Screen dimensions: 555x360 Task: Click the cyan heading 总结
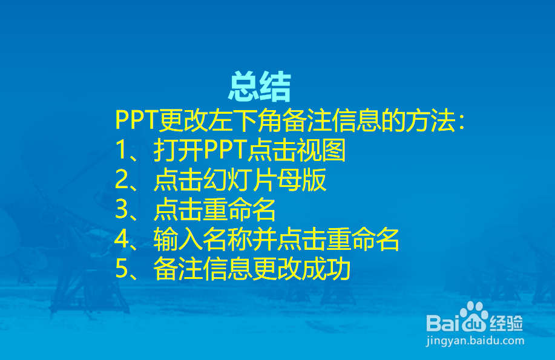(260, 87)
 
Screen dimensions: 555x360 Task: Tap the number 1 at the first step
(121, 149)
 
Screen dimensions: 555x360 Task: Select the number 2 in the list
(122, 180)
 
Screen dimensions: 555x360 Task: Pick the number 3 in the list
(122, 209)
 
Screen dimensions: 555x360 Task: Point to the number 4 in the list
(122, 239)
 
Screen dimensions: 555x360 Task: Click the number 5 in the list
(122, 269)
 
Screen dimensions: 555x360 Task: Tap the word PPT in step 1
(225, 149)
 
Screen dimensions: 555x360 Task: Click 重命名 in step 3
(239, 209)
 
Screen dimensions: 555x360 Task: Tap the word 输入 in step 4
(178, 239)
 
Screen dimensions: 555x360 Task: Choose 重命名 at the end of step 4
(363, 239)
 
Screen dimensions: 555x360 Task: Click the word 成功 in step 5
(326, 269)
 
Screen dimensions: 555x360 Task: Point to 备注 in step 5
(178, 269)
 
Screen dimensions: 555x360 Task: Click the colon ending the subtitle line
(461, 121)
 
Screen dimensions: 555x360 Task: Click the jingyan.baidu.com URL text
(475, 341)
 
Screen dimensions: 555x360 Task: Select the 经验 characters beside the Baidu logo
(506, 323)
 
